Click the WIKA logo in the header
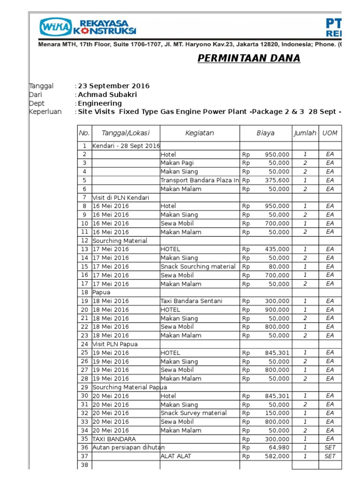tap(56, 27)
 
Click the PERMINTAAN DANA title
tap(248, 59)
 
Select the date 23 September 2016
tap(113, 86)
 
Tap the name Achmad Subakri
tap(107, 95)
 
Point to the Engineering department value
tap(100, 103)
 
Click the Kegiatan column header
tap(200, 133)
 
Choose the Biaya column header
tap(265, 133)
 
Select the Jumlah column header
tap(305, 133)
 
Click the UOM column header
tap(330, 133)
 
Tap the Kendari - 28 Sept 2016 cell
tap(126, 146)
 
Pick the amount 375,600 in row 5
tap(277, 180)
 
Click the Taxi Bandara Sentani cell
tap(191, 301)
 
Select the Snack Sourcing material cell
tap(198, 267)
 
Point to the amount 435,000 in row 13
tap(277, 249)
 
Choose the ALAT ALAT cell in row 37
tap(176, 456)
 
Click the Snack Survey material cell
tap(194, 413)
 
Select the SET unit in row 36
tap(330, 448)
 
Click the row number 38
tap(84, 465)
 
